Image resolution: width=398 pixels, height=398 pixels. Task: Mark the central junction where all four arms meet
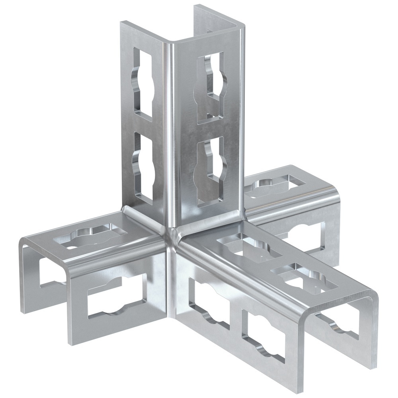tap(174, 235)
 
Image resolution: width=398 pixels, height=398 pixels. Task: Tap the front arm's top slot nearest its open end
tap(304, 279)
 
